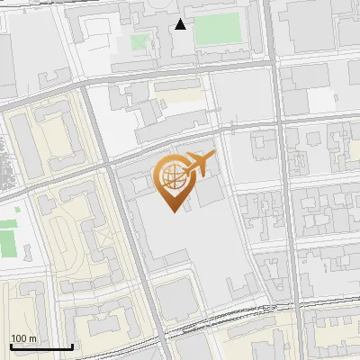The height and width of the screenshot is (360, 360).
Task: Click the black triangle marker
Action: (x=181, y=24)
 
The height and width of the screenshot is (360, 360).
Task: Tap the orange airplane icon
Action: (x=200, y=164)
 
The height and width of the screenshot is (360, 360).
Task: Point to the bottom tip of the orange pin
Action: (x=171, y=211)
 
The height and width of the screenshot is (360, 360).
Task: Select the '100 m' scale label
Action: (x=24, y=338)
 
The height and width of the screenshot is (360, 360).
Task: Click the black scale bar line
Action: (x=41, y=346)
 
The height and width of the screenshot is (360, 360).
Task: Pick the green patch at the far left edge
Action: (x=8, y=235)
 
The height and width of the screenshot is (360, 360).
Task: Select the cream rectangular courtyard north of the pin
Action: (x=180, y=94)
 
